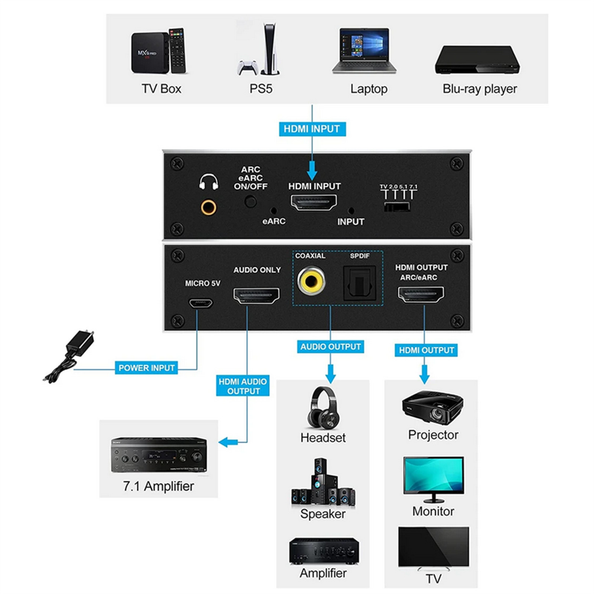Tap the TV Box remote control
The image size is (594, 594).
click(x=177, y=50)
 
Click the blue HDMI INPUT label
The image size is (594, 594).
click(x=312, y=129)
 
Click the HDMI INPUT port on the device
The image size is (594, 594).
click(x=313, y=203)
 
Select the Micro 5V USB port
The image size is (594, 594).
click(x=201, y=303)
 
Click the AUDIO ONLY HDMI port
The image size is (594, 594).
click(x=256, y=296)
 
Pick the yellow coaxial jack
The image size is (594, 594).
click(x=311, y=281)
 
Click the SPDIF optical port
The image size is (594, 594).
click(x=359, y=283)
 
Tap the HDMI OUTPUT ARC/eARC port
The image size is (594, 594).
click(x=421, y=295)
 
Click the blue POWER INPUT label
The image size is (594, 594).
click(x=146, y=368)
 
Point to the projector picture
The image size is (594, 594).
click(x=433, y=407)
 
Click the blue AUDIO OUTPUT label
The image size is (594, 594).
click(x=330, y=347)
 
